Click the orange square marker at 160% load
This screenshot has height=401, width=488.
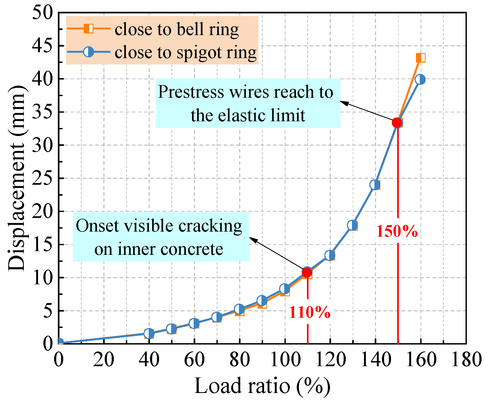(421, 58)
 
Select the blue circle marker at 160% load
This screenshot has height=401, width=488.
(420, 80)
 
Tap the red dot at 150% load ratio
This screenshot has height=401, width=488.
(397, 123)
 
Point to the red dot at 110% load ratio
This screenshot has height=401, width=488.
(307, 272)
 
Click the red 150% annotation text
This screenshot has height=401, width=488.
(397, 231)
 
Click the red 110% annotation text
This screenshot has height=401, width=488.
(310, 312)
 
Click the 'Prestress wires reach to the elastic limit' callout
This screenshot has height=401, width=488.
(248, 103)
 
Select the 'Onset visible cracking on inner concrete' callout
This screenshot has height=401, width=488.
(161, 237)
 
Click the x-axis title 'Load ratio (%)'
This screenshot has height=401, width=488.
(262, 386)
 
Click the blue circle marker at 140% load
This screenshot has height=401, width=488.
(375, 185)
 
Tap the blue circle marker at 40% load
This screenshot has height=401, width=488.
(149, 334)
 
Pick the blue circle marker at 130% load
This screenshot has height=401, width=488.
(352, 225)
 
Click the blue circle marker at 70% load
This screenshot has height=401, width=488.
(217, 317)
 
